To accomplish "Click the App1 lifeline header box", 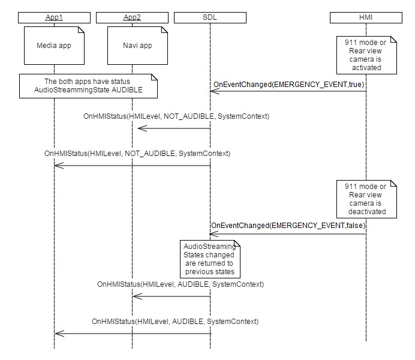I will point(54,17).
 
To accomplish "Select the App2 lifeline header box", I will point(131,17).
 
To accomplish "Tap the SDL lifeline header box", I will point(210,17).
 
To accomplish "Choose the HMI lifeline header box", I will point(366,17).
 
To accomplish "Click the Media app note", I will point(54,46).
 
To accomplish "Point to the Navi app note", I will point(131,46).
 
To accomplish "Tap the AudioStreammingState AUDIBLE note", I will point(88,85).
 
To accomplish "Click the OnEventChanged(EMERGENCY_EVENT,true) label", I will point(288,84).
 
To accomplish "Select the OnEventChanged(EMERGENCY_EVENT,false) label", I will point(288,225).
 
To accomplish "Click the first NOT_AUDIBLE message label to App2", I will point(176,116).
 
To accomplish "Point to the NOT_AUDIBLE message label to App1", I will point(137,154).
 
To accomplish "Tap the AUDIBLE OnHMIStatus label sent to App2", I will point(180,284).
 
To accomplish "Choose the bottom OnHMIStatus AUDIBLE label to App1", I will point(175,322).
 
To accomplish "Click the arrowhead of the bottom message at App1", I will point(57,333).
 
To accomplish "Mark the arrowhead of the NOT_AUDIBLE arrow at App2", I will point(135,128).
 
